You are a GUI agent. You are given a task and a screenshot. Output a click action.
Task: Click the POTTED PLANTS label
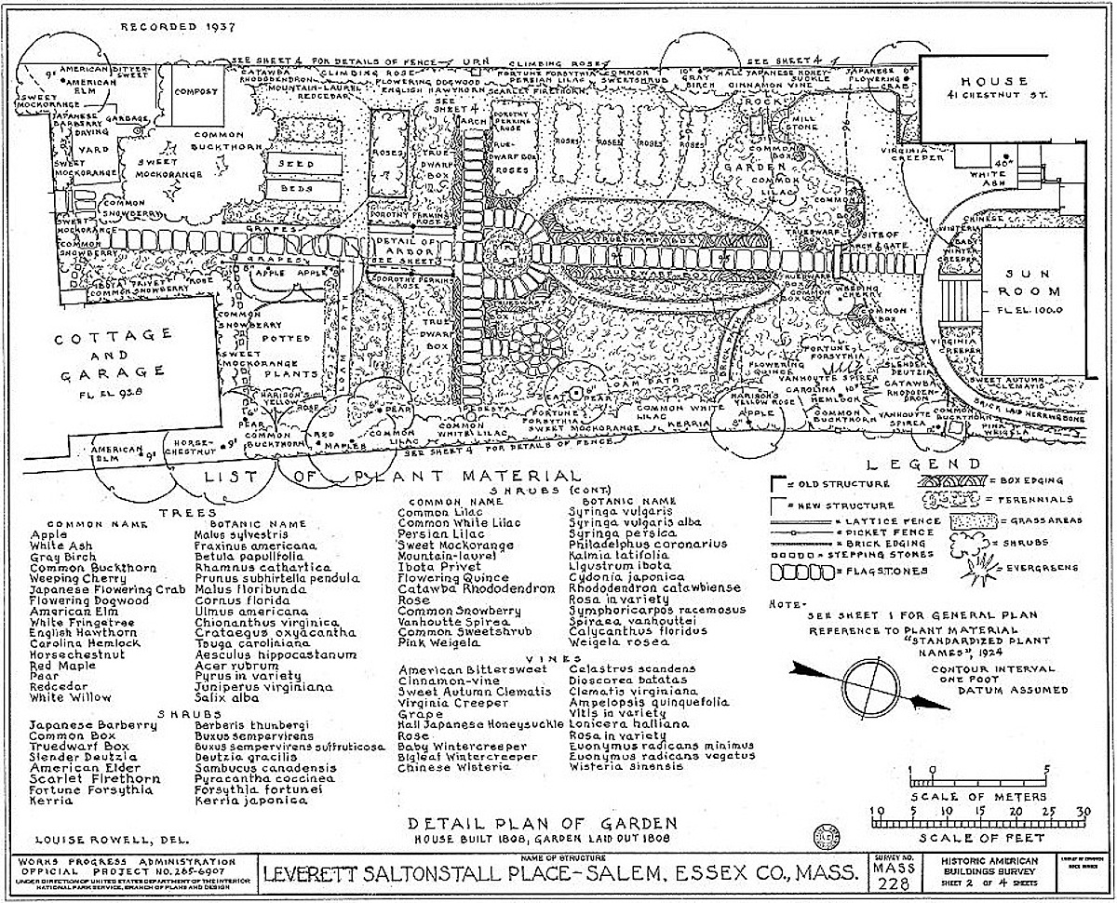coord(286,350)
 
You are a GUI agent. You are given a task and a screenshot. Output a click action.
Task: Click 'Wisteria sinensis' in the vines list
coord(617,767)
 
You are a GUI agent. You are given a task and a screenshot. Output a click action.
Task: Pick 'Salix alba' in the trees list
coord(221,697)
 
